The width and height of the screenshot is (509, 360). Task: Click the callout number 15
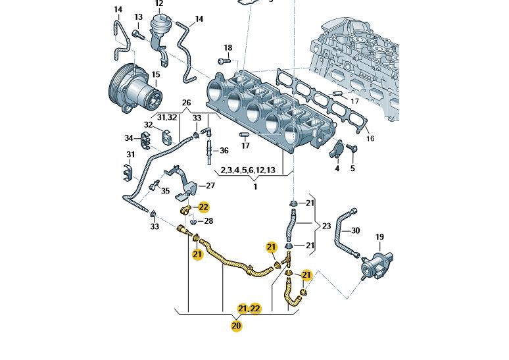(x=156, y=74)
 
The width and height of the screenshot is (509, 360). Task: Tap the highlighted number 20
(x=236, y=324)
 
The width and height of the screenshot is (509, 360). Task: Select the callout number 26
(x=185, y=103)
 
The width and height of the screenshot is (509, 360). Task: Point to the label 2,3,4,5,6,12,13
(x=247, y=170)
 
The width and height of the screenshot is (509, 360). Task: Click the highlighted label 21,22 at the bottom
(x=249, y=308)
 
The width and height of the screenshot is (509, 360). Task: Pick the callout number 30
(x=355, y=230)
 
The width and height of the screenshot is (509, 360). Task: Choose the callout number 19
(x=379, y=236)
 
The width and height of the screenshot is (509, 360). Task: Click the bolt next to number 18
(x=222, y=61)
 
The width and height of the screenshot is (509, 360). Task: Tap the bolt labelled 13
(x=136, y=32)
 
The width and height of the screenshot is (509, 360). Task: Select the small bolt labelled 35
(x=156, y=184)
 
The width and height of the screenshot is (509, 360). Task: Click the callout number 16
(x=370, y=139)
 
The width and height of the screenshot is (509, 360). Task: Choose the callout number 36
(x=224, y=151)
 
